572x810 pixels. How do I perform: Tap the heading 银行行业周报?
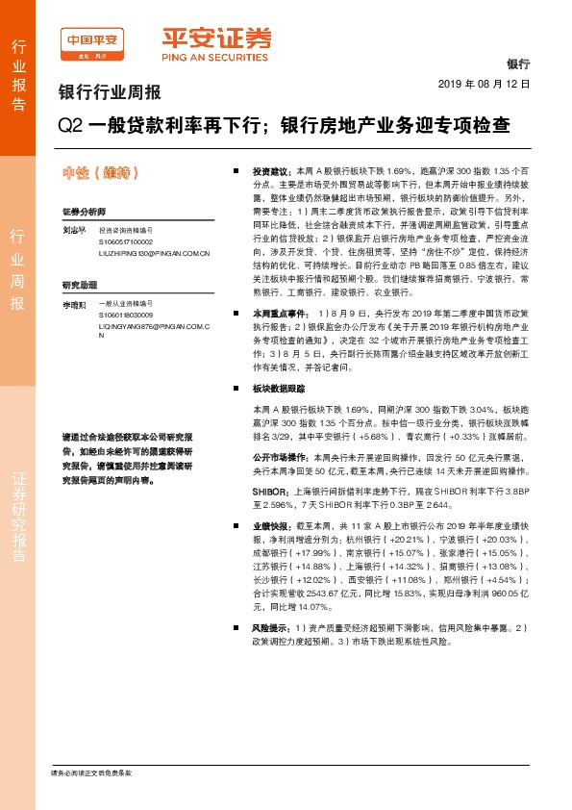click(110, 93)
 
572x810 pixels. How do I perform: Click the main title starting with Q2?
click(285, 125)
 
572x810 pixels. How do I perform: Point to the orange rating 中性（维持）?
click(102, 173)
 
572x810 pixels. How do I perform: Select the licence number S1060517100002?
click(127, 242)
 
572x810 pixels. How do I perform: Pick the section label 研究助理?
click(79, 286)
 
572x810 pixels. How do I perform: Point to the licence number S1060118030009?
click(127, 315)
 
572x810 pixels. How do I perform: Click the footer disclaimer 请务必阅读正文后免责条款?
click(90, 773)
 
